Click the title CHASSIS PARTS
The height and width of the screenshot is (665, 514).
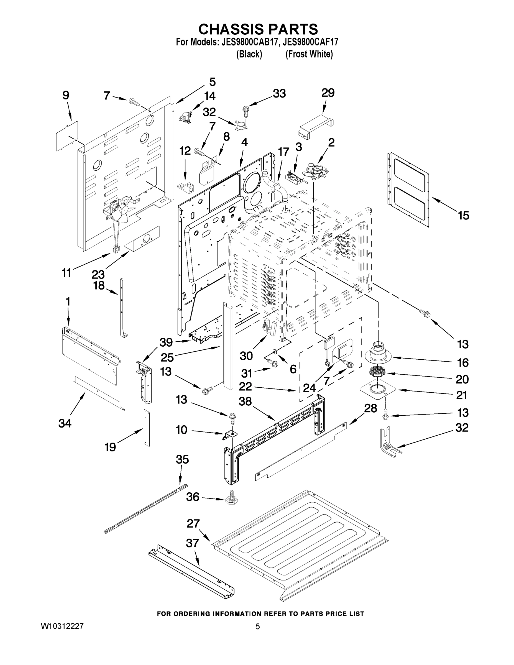pyautogui.click(x=258, y=29)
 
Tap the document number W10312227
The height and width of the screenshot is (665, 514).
pyautogui.click(x=62, y=626)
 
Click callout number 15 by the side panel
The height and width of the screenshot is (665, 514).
pyautogui.click(x=464, y=216)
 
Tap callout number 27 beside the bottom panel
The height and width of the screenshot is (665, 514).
pyautogui.click(x=193, y=524)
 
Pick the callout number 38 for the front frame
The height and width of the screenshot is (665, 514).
pyautogui.click(x=245, y=401)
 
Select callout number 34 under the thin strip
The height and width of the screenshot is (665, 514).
pyautogui.click(x=65, y=423)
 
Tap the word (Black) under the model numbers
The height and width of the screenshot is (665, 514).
pyautogui.click(x=249, y=54)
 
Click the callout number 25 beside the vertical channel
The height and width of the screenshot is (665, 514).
pyautogui.click(x=167, y=357)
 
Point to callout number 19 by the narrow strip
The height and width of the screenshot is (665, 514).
pyautogui.click(x=110, y=447)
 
